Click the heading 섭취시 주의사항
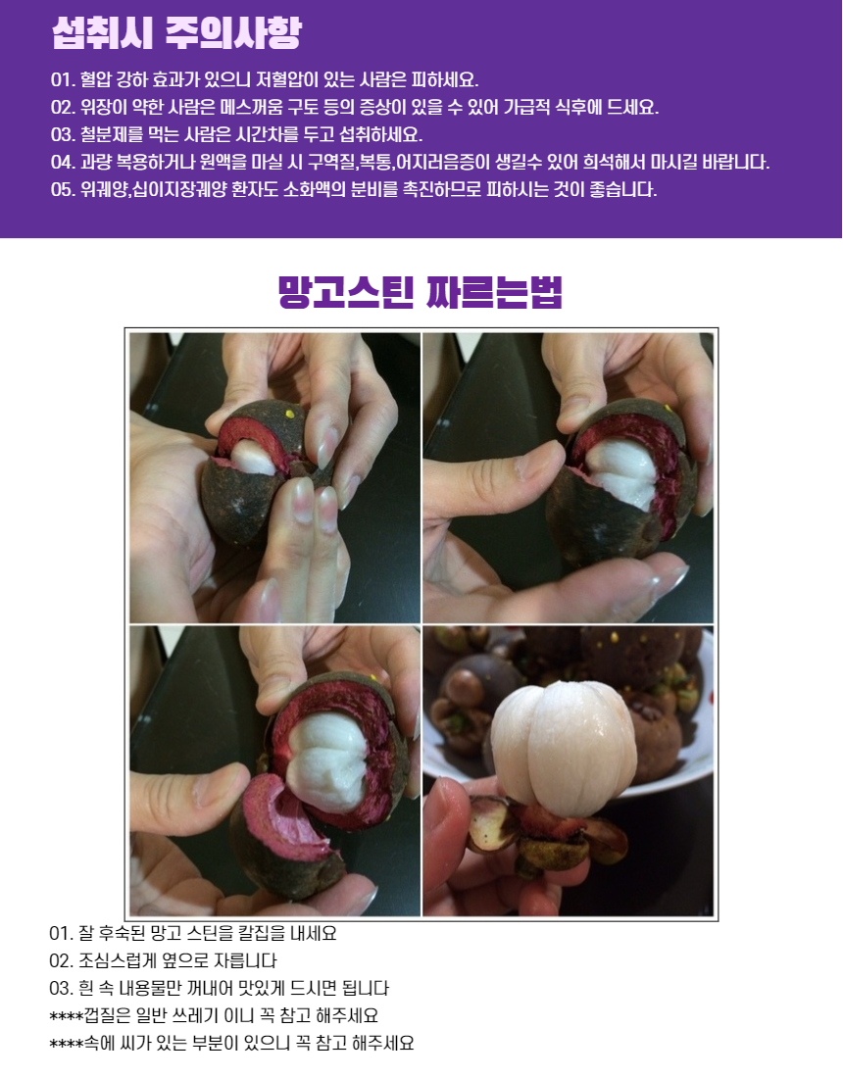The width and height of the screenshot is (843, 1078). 176,33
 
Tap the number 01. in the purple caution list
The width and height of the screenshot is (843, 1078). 63,79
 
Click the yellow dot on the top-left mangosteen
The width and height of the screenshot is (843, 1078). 289,414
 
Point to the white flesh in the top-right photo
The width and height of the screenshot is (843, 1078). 623,470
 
